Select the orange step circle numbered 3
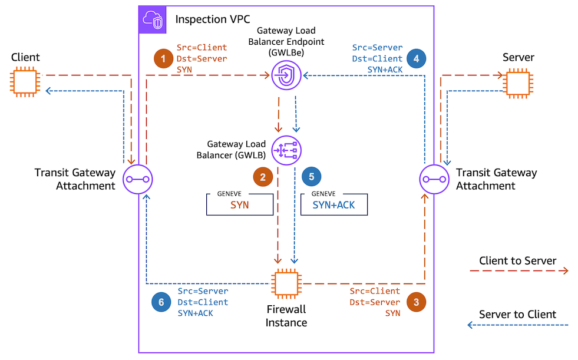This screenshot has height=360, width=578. pos(417,302)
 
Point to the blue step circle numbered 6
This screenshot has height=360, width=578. pos(159,302)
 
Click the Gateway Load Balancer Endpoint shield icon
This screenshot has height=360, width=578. pos(286,75)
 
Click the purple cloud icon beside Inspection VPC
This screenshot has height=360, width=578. pos(153,21)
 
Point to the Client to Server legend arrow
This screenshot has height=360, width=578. pos(518,271)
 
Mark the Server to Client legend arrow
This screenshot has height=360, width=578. pos(518,325)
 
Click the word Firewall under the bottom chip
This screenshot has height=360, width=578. pos(286,309)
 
